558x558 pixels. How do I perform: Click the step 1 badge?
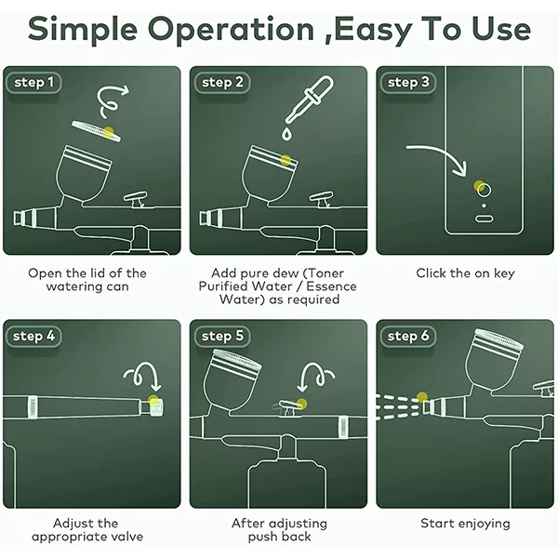point(33,83)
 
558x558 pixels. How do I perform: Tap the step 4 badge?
point(33,337)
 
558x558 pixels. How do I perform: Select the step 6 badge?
point(408,337)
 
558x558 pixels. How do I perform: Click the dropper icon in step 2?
point(311,99)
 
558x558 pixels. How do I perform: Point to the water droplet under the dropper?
point(286,134)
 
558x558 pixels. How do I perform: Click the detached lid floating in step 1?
point(97,131)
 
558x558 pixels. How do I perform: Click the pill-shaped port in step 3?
point(484,219)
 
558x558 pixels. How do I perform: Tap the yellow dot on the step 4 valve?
point(153,400)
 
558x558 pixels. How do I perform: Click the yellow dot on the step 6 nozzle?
point(422,397)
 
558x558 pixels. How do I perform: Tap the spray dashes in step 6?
point(398,406)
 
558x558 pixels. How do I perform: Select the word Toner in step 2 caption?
point(325,273)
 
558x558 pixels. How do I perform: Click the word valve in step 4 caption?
point(126,537)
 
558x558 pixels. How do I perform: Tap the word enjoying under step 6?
point(485,524)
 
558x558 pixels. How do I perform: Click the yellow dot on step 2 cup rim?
point(286,160)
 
